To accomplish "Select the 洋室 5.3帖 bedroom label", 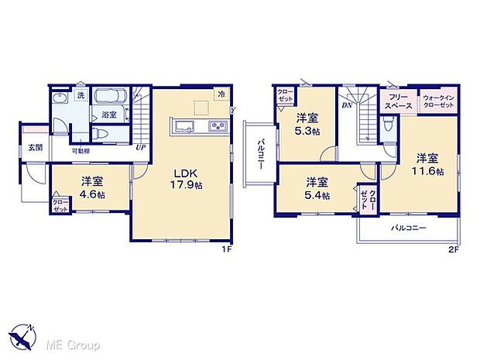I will click(x=307, y=124).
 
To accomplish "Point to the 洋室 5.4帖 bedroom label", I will click(x=316, y=188).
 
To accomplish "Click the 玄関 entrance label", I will click(x=36, y=147).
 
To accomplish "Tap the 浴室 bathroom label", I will click(x=109, y=115).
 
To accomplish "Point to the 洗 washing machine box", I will click(x=80, y=95).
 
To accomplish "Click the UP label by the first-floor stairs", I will click(x=139, y=147).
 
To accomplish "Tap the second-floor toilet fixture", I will click(x=387, y=124).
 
